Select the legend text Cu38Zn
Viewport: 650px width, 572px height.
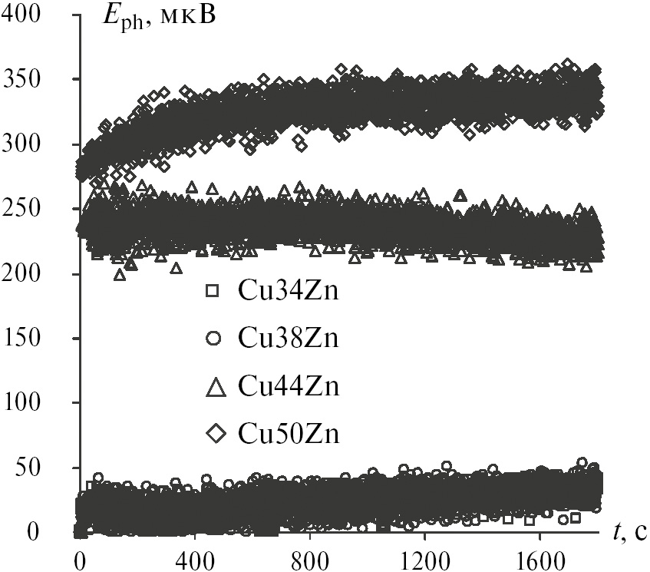coord(289,339)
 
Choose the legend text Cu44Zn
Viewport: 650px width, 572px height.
coord(289,387)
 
